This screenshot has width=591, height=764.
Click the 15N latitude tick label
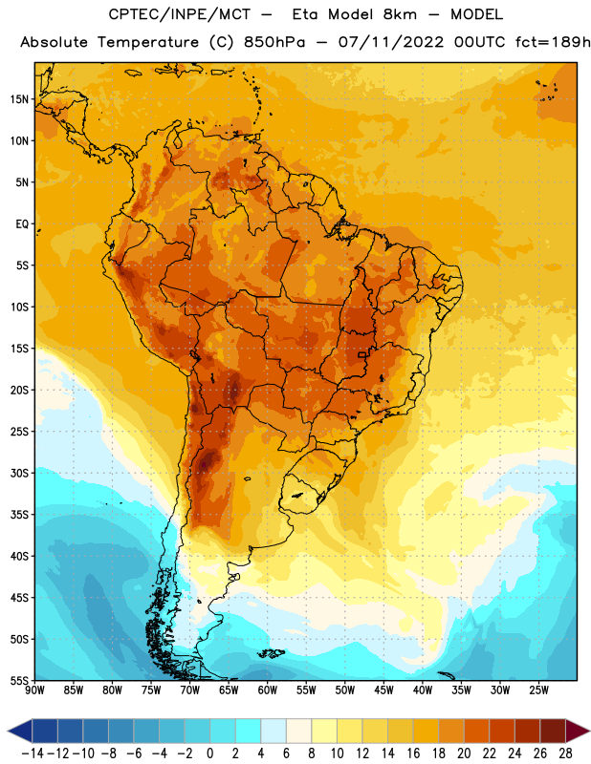coord(19,99)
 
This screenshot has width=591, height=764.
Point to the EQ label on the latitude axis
coord(22,224)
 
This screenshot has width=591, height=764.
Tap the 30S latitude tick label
coord(19,473)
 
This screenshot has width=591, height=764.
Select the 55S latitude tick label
coord(19,680)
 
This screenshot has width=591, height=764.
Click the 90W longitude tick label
coord(34,690)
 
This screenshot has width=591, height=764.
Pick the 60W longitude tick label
coord(268,690)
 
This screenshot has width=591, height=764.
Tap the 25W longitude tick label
coord(538,690)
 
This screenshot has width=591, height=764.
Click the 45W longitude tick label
coord(383,690)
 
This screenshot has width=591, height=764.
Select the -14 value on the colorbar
coord(33,753)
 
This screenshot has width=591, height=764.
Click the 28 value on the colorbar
coord(565,753)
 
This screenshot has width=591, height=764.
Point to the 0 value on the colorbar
coord(209,753)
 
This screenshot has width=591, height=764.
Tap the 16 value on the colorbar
coord(413,753)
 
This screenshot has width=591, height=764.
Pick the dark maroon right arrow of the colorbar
coord(577,731)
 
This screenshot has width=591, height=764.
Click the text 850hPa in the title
coord(274,42)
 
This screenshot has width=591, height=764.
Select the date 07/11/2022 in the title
coord(391,42)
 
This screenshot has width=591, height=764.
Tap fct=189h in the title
coord(553,42)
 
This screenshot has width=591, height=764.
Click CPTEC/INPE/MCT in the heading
coord(180,14)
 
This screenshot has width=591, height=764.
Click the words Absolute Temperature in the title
coord(109,42)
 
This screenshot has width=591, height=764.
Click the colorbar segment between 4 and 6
coord(274,731)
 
